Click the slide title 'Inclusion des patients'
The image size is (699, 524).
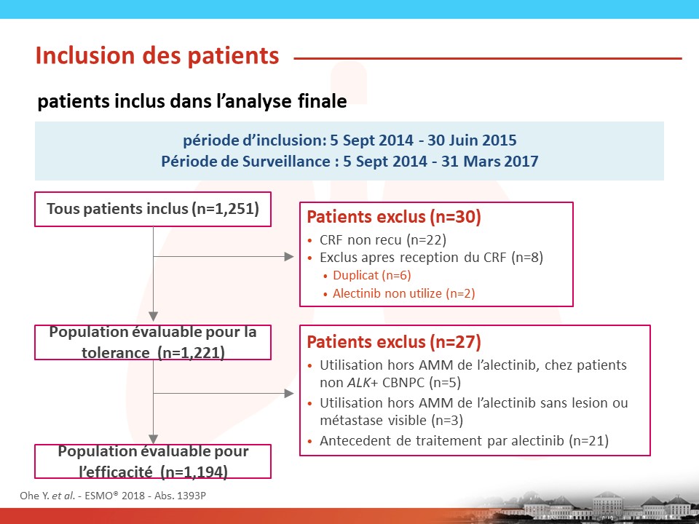[x=157, y=56]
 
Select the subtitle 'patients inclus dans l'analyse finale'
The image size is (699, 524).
[x=192, y=101]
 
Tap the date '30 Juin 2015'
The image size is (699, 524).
[x=472, y=140]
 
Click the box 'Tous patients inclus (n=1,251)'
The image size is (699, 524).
[x=153, y=209]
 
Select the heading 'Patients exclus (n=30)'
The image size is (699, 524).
[x=394, y=217]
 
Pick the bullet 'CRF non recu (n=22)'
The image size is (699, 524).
[x=383, y=240]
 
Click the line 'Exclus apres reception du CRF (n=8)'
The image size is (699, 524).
[x=431, y=258]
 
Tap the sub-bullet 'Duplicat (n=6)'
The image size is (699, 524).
[x=372, y=275]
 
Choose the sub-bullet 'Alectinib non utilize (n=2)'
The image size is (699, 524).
[x=404, y=293]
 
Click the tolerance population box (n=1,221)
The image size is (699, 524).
[x=153, y=342]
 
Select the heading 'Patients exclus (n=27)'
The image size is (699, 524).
[x=394, y=342]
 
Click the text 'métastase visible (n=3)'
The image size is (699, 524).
[x=392, y=420]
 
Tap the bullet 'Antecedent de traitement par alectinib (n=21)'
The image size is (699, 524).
[x=464, y=441]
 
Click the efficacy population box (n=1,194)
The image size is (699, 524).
[x=153, y=461]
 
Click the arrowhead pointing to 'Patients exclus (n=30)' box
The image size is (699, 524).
[x=289, y=257]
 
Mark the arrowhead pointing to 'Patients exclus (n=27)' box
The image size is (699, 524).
[x=289, y=394]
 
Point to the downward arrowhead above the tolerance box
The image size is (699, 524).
[x=154, y=317]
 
